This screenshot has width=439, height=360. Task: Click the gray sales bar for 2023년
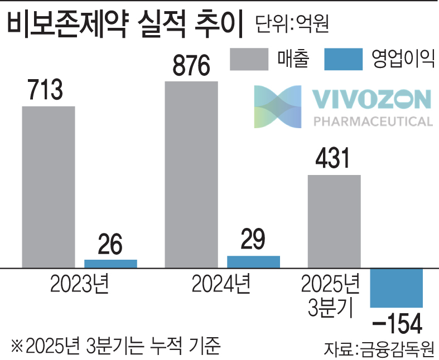point(49,187)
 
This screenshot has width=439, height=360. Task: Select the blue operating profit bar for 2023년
point(110,264)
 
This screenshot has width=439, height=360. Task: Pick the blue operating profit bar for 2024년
point(253,262)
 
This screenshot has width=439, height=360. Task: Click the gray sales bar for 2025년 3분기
point(334,221)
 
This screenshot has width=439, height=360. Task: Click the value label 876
point(191,66)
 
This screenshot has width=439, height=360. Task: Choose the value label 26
point(110,245)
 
